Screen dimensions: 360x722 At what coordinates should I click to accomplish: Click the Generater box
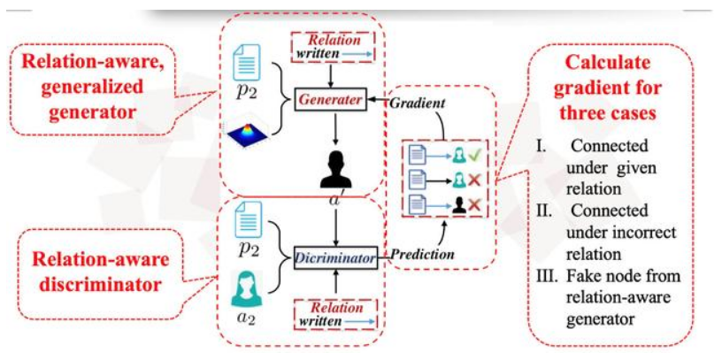[331, 101]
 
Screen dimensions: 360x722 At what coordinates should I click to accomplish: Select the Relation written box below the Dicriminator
[334, 315]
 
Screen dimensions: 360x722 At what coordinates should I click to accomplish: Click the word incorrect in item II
[635, 233]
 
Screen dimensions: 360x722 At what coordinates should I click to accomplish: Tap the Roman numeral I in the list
[547, 145]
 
